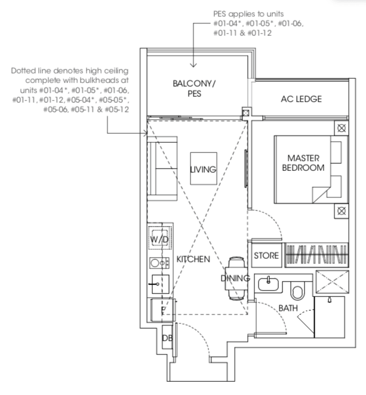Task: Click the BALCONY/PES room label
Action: [x=194, y=88]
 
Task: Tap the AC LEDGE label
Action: [x=302, y=99]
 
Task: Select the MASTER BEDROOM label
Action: [x=303, y=163]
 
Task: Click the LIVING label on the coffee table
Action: [x=203, y=170]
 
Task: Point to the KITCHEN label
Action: [x=193, y=259]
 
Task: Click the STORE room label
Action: [x=266, y=256]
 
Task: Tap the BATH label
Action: [x=288, y=308]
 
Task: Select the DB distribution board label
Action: [x=167, y=338]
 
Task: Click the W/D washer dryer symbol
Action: [x=160, y=238]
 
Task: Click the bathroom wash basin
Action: [x=268, y=284]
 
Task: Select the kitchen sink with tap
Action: [x=160, y=284]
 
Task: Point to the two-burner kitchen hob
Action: [x=159, y=264]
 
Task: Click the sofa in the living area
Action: [x=162, y=169]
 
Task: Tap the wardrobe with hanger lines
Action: [x=316, y=255]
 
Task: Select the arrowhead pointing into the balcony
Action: [x=193, y=65]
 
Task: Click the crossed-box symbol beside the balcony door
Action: [x=246, y=112]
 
